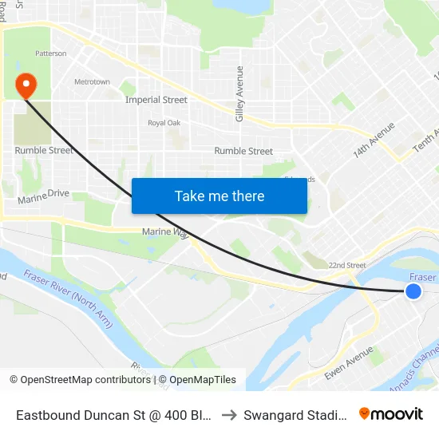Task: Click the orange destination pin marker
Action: click(26, 84)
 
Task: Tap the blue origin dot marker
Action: click(413, 291)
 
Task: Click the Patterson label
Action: click(51, 53)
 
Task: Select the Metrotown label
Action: click(92, 82)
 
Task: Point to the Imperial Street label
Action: click(156, 101)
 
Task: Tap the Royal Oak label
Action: click(164, 123)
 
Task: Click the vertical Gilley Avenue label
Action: click(239, 94)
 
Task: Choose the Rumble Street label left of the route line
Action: click(44, 151)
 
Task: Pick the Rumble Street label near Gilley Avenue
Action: click(243, 151)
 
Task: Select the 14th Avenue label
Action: click(374, 140)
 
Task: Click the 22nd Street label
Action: click(346, 266)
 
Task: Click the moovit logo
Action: click(391, 414)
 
